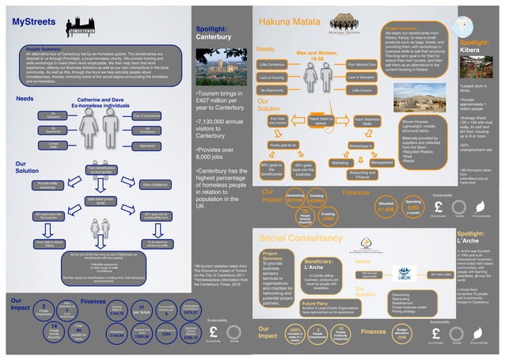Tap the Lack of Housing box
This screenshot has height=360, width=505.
(x=272, y=77)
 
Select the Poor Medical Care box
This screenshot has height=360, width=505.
(x=361, y=63)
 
